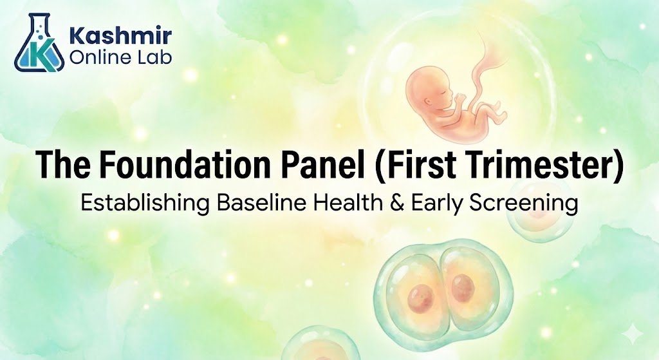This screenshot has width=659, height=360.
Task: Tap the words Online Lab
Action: pos(120,57)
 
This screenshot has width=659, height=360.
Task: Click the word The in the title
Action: pos(63,164)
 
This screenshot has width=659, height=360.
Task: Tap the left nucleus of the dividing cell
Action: pos(421,296)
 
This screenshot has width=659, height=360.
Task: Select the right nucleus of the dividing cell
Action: pos(463,287)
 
